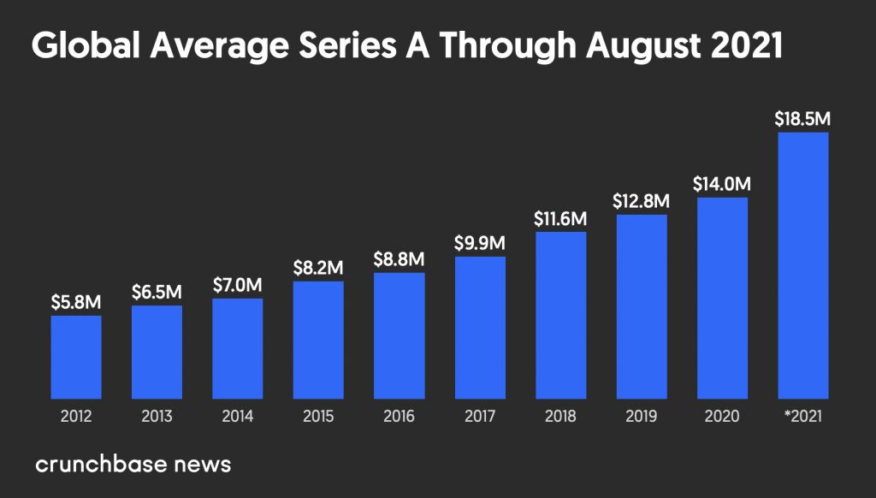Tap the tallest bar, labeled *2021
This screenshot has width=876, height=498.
(803, 266)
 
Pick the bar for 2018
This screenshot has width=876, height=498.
(561, 316)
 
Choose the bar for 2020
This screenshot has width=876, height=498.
(723, 299)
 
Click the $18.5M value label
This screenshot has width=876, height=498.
(803, 118)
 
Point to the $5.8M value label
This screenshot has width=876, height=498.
(76, 302)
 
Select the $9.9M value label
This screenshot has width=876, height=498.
(480, 243)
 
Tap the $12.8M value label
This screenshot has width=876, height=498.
(642, 201)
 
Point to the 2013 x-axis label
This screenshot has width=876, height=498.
(157, 418)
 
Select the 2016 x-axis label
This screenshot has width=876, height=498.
(400, 418)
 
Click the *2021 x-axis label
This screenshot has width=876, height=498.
(803, 418)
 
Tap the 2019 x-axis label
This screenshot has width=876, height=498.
(642, 418)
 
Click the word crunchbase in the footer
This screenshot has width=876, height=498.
(102, 465)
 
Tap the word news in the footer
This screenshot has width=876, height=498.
(202, 465)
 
